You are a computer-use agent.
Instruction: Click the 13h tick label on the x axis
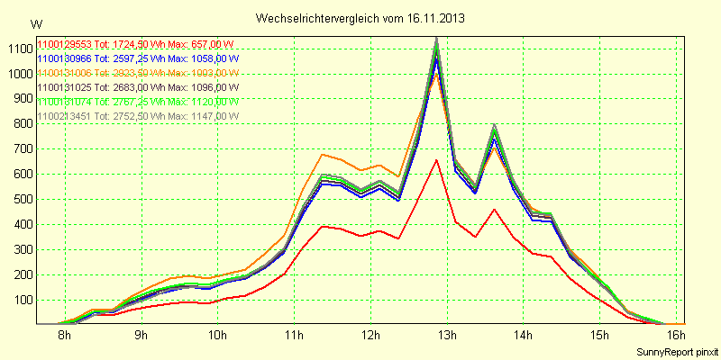tap(448, 337)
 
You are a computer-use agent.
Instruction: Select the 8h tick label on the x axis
tap(65, 337)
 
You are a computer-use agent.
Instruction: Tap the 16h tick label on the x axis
tap(677, 337)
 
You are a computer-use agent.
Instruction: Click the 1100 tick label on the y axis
tap(18, 49)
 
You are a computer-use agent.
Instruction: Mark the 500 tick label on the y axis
tap(21, 199)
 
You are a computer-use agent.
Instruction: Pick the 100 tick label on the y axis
tap(21, 300)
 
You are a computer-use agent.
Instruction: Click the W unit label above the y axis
tap(35, 23)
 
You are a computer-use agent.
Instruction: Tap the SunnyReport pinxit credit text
tap(676, 351)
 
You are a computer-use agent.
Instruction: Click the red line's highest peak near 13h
tap(436, 160)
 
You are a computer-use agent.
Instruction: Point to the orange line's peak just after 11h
tap(323, 154)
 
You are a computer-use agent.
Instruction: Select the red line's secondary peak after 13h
tap(494, 209)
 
